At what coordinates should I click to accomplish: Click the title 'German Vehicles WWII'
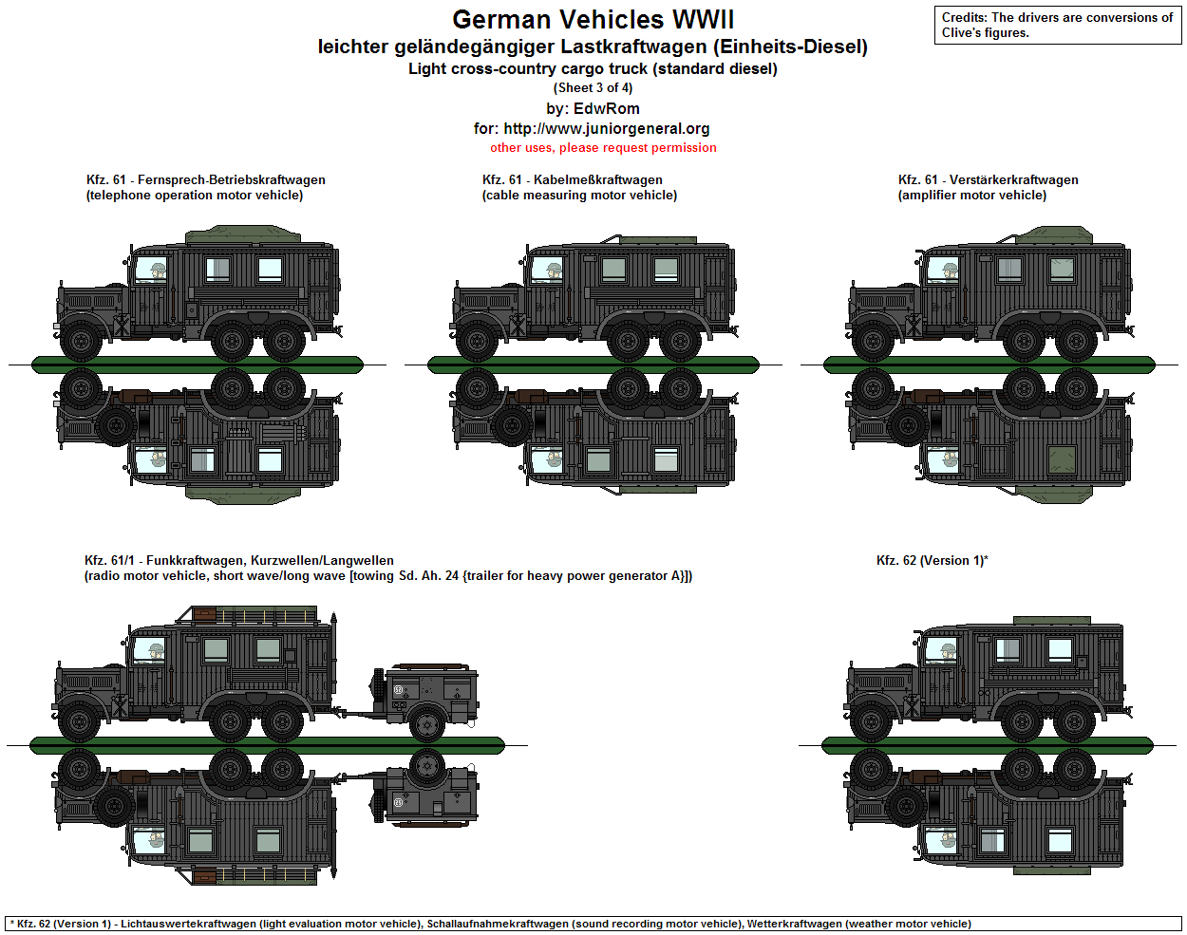[593, 20]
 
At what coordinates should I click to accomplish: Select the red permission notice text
[603, 148]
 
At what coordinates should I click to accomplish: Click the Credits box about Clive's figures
[1058, 26]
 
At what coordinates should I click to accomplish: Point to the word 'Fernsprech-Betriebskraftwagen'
[231, 180]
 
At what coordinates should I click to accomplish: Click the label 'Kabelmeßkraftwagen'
[597, 180]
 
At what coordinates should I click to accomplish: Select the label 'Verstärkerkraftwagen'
[1013, 180]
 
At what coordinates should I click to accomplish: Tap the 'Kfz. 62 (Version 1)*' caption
[932, 561]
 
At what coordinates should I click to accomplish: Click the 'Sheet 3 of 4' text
[593, 88]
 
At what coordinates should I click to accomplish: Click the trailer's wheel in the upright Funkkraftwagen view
[427, 724]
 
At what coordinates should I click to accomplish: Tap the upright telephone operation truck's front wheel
[82, 340]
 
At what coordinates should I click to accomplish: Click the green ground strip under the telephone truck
[198, 364]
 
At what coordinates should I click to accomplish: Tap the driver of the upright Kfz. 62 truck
[947, 652]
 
